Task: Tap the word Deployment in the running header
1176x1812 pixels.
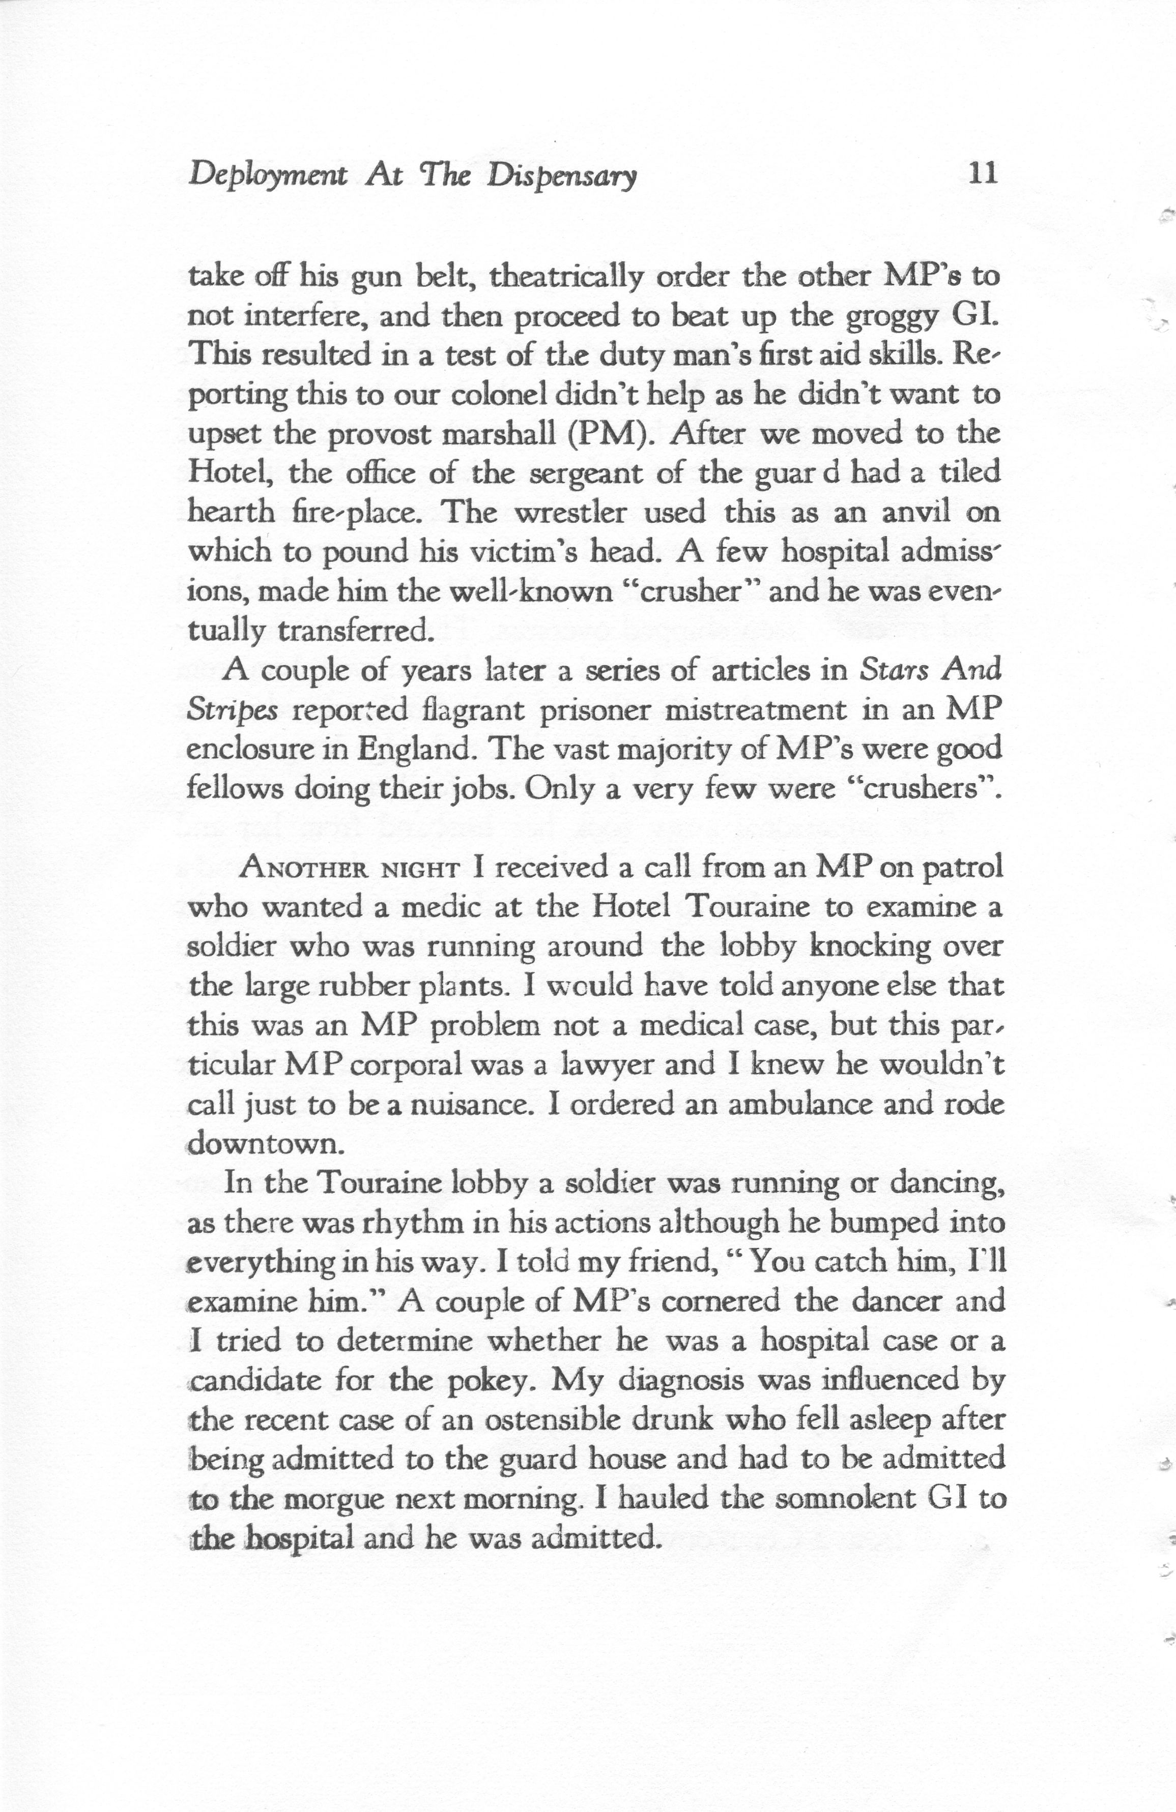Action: [x=267, y=177]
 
